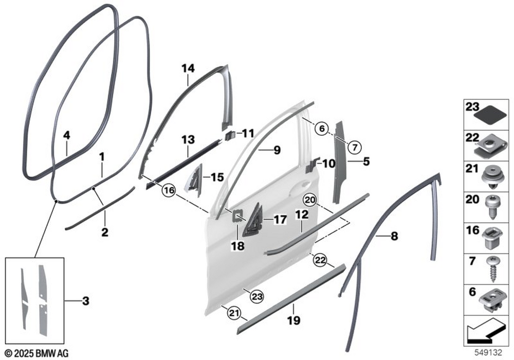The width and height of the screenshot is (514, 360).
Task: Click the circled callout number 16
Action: pos(169,191)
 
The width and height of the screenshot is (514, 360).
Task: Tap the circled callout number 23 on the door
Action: pos(256,297)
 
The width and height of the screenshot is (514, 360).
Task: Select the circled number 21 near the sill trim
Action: pos(233,313)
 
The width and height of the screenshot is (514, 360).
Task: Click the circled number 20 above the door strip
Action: pos(310,200)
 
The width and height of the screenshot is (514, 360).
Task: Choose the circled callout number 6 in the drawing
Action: pos(322,129)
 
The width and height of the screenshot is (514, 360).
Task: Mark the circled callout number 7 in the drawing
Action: pos(354,147)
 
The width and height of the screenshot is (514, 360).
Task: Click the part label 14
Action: pos(188,68)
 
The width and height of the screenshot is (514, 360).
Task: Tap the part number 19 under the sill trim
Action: pos(293,320)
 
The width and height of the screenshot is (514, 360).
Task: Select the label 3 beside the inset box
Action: pos(85,301)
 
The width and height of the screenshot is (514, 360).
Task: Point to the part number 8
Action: pos(394,236)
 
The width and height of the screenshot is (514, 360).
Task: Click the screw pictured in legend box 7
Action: pos(492,268)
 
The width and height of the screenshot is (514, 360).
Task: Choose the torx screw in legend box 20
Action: pos(492,208)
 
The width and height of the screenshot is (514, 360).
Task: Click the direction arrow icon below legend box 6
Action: pos(486,331)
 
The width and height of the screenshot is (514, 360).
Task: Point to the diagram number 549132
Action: pos(488,353)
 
